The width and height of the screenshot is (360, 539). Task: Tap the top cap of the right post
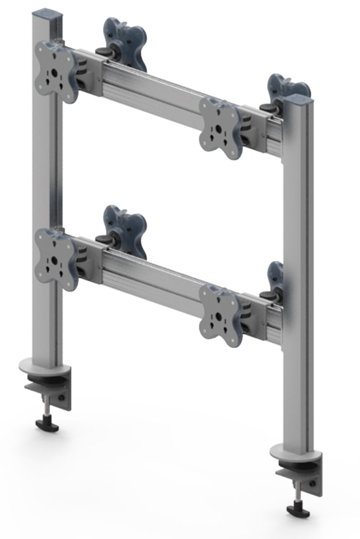click(x=298, y=99)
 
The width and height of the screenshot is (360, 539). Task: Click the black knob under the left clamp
click(x=47, y=424)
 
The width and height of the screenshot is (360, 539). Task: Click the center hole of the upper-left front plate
click(x=54, y=74)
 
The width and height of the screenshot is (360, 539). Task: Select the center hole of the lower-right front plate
click(x=218, y=317)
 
